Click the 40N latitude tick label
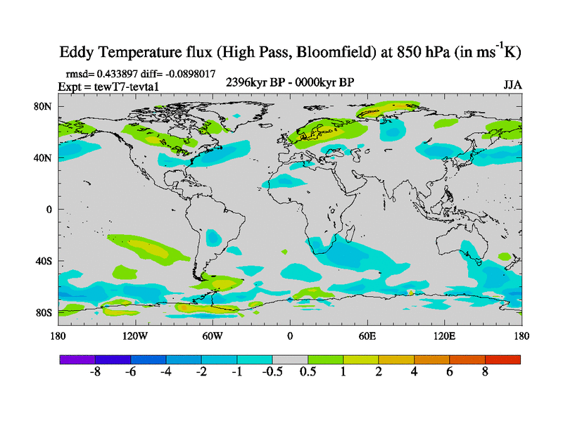(x=44, y=158)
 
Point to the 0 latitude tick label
(x=49, y=209)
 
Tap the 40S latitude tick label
(x=44, y=261)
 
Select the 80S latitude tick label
(x=44, y=312)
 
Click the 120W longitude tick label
(x=135, y=336)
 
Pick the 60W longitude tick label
(x=213, y=336)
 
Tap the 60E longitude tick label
(x=367, y=336)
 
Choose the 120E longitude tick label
(x=445, y=336)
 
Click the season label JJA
(x=512, y=85)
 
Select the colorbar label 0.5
(x=308, y=373)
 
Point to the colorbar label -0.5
(x=272, y=373)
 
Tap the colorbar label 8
(x=485, y=373)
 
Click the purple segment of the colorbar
(x=77, y=359)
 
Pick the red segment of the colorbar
(x=502, y=359)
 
